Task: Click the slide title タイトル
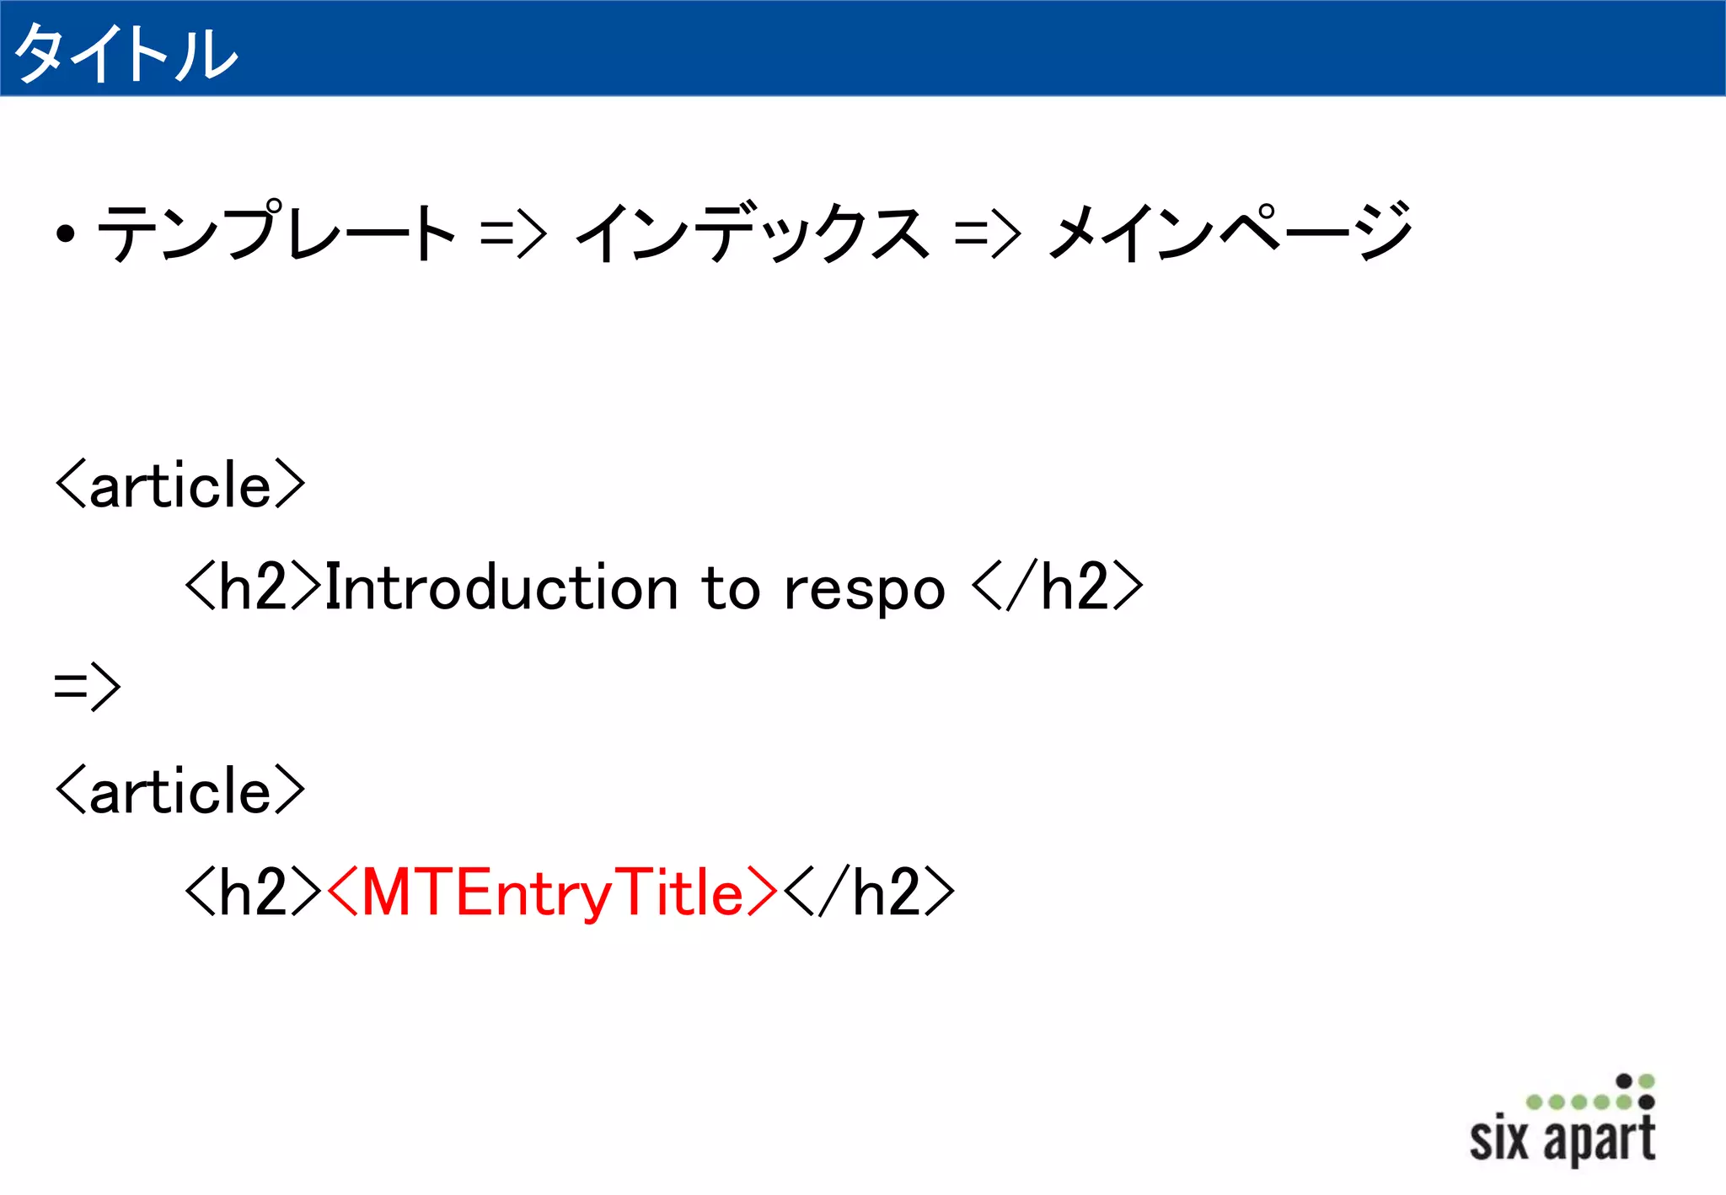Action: [126, 52]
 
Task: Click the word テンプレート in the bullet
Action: [276, 233]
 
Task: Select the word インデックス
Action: [753, 233]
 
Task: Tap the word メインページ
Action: [1229, 233]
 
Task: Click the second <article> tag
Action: [180, 791]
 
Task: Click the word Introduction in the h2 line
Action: [502, 587]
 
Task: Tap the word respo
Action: [865, 589]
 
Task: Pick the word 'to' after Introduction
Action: [731, 587]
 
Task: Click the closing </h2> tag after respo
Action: [1058, 587]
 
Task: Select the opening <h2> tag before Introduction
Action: [253, 587]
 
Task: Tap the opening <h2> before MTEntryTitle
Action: [253, 893]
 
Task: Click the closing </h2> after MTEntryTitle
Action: [869, 893]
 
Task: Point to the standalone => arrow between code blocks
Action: [88, 687]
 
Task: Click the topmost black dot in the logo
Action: [1624, 1080]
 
